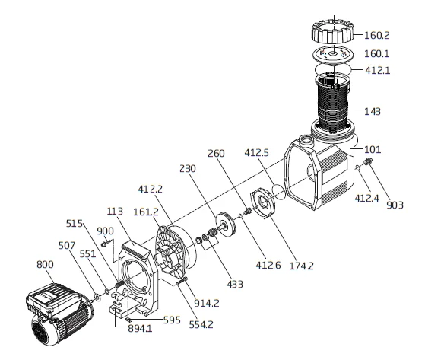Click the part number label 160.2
376,35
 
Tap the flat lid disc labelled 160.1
333,54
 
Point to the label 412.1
378,71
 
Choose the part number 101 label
373,149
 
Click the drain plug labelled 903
368,161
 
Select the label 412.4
366,199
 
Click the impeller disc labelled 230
226,225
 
